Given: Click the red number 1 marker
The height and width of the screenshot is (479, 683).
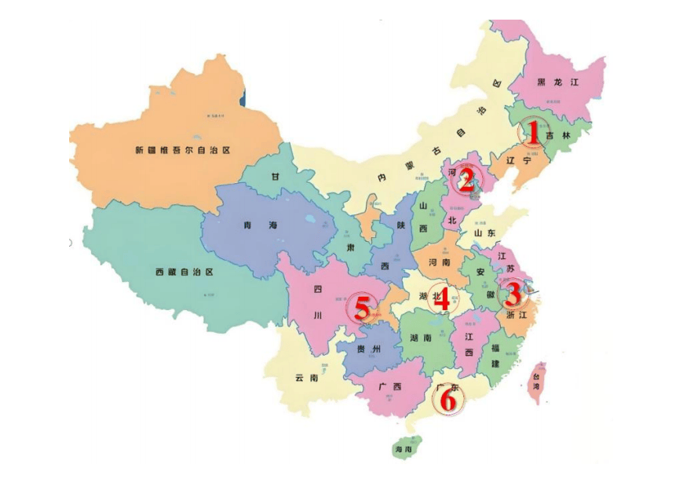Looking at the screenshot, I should pyautogui.click(x=533, y=134).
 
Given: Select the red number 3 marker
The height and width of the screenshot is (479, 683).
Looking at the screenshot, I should pyautogui.click(x=512, y=295).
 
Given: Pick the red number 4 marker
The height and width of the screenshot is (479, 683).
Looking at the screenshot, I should pyautogui.click(x=441, y=299).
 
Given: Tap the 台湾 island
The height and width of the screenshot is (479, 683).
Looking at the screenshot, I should pyautogui.click(x=538, y=383).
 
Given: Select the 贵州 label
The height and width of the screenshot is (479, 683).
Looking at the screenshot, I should pyautogui.click(x=367, y=349).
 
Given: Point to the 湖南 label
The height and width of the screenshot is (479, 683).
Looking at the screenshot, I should pyautogui.click(x=420, y=338).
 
